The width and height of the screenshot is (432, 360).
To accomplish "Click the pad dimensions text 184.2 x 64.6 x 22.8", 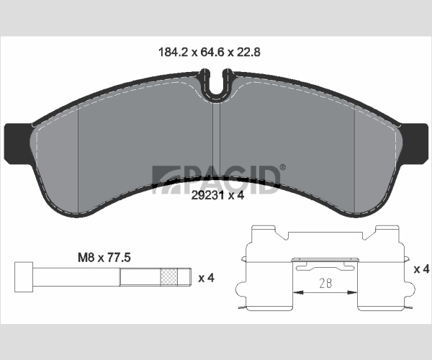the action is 210,52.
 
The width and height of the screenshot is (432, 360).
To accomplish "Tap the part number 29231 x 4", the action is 217,196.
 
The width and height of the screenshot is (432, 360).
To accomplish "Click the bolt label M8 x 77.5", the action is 104,258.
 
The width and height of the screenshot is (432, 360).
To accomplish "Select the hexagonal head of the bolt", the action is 24,276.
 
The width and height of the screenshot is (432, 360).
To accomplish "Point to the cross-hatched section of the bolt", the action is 168,276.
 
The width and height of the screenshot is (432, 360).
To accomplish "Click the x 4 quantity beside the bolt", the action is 207,278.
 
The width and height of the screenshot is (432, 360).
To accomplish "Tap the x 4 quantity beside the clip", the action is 421,269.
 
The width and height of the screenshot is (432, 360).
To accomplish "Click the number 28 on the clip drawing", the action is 325,283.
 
